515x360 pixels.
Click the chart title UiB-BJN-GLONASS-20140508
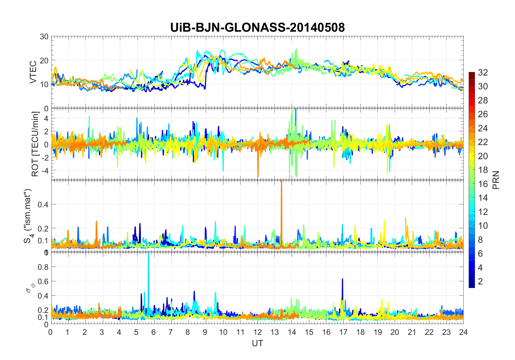pyautogui.click(x=257, y=28)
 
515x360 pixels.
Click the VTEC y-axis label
pyautogui.click(x=33, y=72)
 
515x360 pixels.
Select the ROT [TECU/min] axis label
pyautogui.click(x=35, y=144)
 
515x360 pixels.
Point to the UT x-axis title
pyautogui.click(x=257, y=343)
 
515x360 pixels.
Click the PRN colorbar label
pyautogui.click(x=496, y=180)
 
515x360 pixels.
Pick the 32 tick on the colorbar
pyautogui.click(x=483, y=72)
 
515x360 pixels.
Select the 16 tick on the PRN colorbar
pyautogui.click(x=483, y=184)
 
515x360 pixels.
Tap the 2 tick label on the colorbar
pyautogui.click(x=480, y=282)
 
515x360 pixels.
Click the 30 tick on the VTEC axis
pyautogui.click(x=44, y=37)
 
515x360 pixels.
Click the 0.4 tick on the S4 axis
pyautogui.click(x=43, y=204)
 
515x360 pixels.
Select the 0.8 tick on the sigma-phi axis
pyautogui.click(x=43, y=267)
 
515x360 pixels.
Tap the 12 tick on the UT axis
pyautogui.click(x=257, y=332)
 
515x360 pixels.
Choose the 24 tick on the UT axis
pyautogui.click(x=463, y=332)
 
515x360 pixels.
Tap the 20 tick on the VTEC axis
pyautogui.click(x=44, y=60)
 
